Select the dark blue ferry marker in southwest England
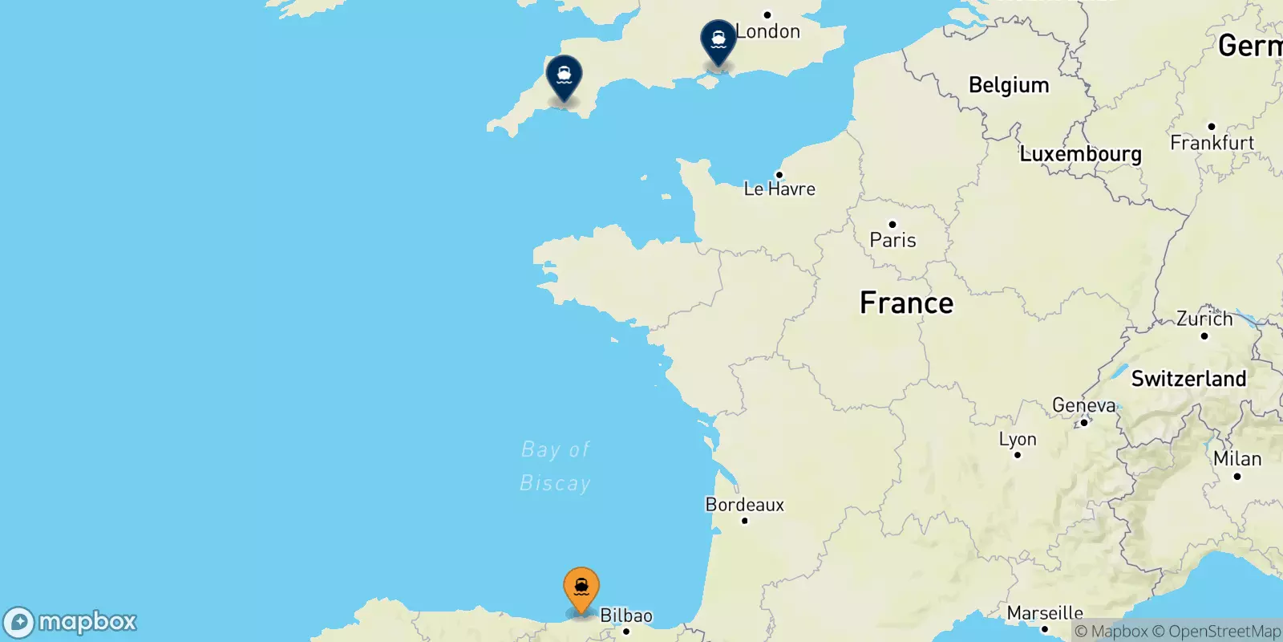564,77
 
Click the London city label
767,31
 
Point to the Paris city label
892,239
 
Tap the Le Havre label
779,189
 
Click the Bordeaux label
745,504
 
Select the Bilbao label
626,616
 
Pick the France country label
906,303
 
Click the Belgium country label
1009,85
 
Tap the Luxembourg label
1080,153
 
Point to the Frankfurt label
1212,142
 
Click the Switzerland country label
1188,379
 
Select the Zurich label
1204,319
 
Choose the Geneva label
1083,405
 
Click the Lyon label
1018,439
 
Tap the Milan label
1237,458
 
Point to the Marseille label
1045,613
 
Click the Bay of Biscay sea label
555,466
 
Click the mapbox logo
71,622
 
